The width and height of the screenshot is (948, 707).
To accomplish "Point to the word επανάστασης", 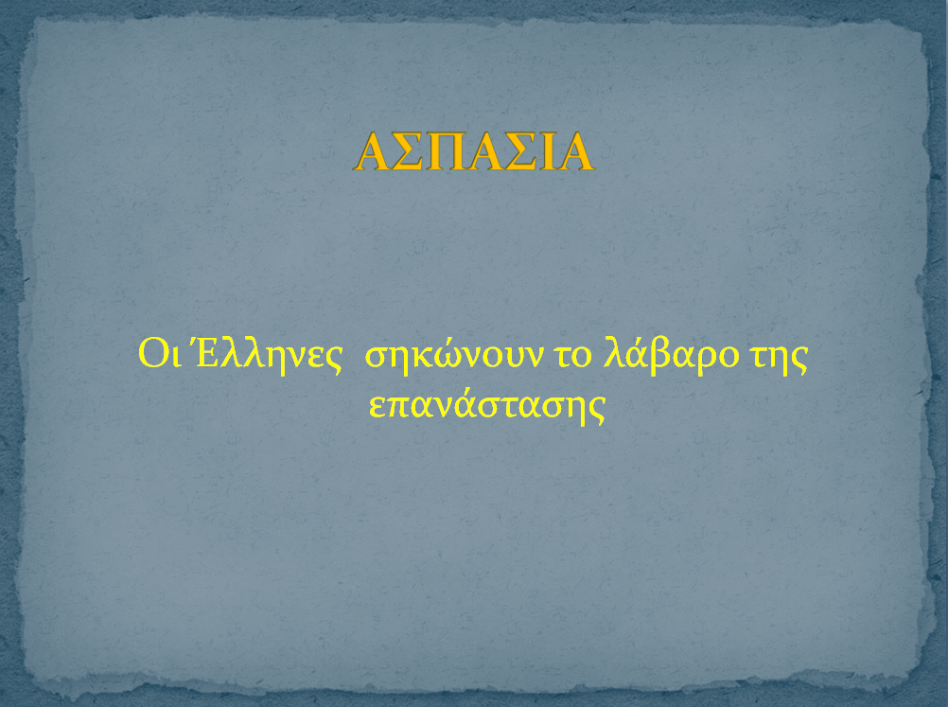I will tap(485, 405).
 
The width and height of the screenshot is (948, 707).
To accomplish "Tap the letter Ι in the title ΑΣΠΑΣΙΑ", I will tap(544, 152).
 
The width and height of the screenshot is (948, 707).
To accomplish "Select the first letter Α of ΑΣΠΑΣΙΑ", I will tap(373, 152).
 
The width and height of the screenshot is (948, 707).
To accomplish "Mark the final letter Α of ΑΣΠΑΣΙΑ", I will tap(575, 152).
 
